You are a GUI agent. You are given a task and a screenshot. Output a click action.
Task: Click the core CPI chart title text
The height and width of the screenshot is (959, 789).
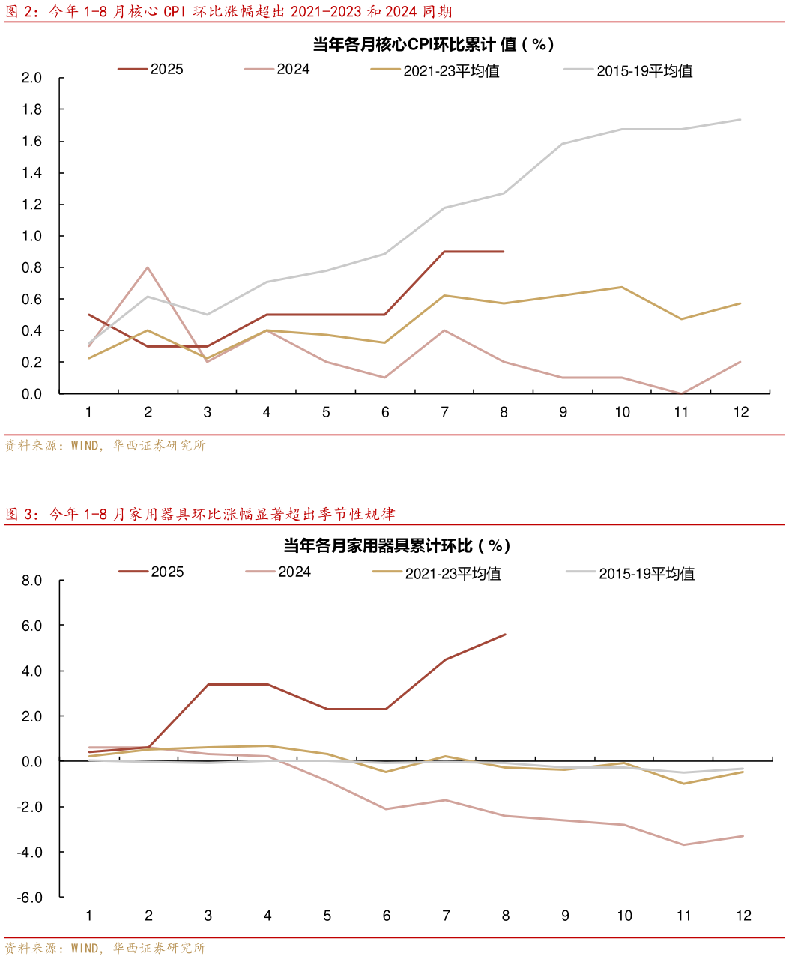coord(432,44)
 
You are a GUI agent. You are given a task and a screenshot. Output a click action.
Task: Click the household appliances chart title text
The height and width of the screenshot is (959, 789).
coord(396,545)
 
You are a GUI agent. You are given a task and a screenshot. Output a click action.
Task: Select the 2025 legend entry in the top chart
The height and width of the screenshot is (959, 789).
coord(151,70)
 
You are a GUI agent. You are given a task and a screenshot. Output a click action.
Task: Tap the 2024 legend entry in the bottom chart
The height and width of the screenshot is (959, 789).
coord(278,572)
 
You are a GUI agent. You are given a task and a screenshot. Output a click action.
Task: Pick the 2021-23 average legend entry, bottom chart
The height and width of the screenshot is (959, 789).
coord(437,574)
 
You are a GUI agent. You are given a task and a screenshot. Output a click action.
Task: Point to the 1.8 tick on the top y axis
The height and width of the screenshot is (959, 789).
coord(32,109)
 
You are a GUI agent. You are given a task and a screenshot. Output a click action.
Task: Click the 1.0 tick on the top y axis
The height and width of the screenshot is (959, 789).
coord(32,236)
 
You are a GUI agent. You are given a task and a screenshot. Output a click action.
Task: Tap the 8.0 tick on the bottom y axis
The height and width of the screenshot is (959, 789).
coord(32,581)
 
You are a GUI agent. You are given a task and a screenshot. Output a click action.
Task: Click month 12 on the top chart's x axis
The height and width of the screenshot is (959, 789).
coord(741,412)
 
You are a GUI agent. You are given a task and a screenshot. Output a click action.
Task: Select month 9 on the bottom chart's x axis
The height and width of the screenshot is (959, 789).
coord(564,916)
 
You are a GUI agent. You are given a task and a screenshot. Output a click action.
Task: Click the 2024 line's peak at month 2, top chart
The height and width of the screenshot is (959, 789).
coord(148,267)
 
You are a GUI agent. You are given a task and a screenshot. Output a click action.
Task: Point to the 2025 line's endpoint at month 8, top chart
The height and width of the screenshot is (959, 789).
coord(504,252)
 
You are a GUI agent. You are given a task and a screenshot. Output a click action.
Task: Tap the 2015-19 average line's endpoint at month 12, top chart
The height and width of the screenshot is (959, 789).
coord(741,119)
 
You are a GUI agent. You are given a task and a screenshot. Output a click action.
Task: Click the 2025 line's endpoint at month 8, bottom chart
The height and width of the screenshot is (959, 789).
coord(506,635)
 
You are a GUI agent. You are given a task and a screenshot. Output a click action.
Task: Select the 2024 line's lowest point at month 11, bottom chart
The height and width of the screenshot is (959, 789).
coord(683,845)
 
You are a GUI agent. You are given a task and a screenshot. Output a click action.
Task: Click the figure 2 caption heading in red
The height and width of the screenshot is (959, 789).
coord(229,11)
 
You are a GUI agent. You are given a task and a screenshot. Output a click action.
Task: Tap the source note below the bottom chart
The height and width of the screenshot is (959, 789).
coord(105,948)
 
